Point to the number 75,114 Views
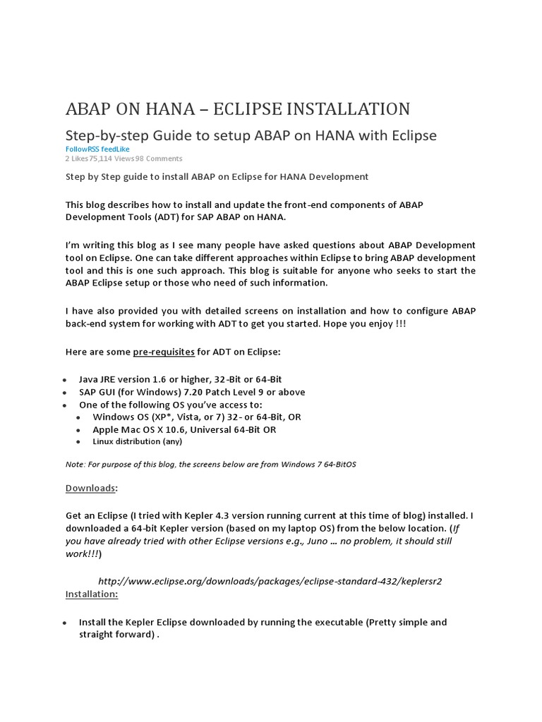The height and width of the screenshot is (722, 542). tap(114, 159)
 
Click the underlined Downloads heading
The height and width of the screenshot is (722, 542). tap(90, 488)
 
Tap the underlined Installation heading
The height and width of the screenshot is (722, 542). tap(92, 594)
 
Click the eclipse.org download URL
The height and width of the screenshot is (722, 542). tap(270, 581)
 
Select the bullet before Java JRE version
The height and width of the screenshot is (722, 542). tap(66, 380)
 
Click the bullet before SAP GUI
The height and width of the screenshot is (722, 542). tap(66, 393)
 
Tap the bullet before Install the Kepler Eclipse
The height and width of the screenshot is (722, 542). tap(66, 623)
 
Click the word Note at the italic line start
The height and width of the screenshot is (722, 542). tap(74, 465)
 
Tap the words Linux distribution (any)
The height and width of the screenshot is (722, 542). tap(137, 441)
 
